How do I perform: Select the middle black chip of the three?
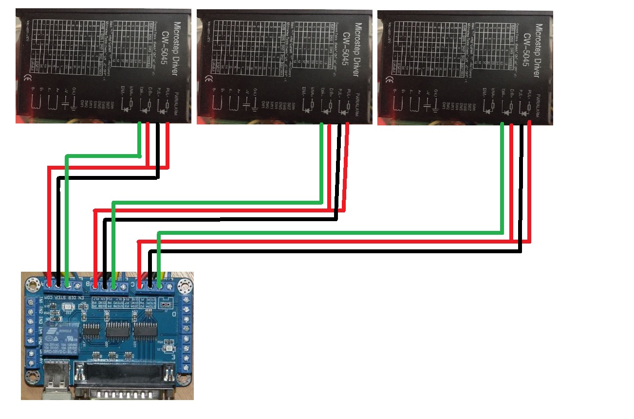pyautogui.click(x=117, y=332)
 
